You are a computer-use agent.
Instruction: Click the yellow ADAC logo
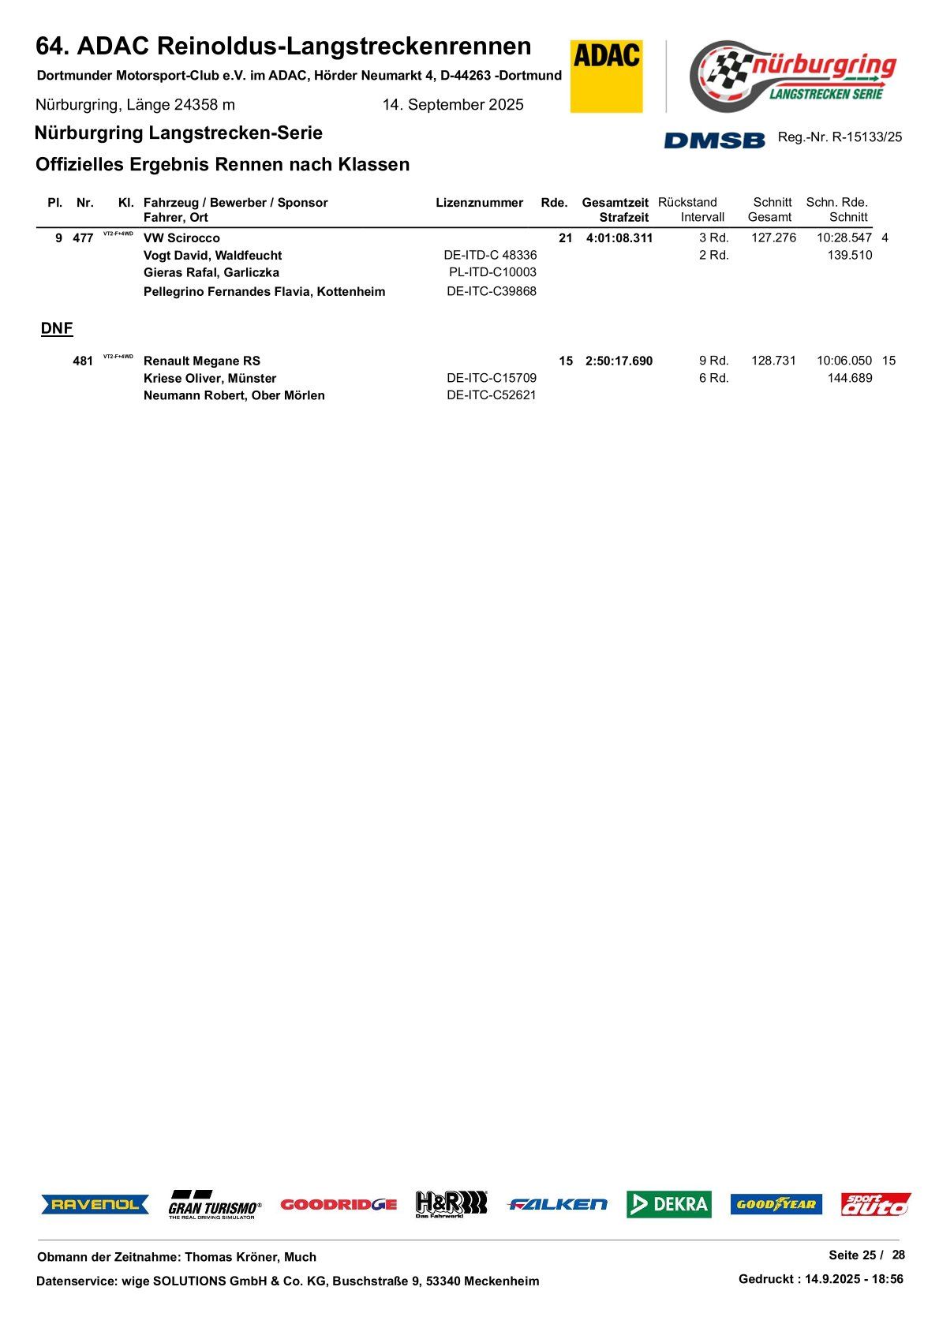pos(606,76)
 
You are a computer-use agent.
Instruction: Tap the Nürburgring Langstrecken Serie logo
pos(793,77)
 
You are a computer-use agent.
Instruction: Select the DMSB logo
pos(714,140)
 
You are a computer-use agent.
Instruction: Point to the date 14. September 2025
pos(453,105)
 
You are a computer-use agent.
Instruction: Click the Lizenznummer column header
pos(479,203)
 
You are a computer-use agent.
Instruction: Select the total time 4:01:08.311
pos(619,238)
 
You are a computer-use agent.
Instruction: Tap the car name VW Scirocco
pos(181,238)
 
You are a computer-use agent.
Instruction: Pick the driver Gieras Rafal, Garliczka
pos(211,273)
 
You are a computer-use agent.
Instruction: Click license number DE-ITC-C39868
pos(492,291)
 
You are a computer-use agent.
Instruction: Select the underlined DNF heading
pos(57,328)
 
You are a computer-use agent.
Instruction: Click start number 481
pos(83,361)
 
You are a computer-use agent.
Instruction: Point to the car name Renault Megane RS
pos(202,361)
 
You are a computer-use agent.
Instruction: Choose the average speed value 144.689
pos(850,379)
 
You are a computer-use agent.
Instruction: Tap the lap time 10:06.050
pos(844,361)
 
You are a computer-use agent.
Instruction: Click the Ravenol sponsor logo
pos(95,1204)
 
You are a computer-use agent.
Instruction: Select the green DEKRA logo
pos(669,1204)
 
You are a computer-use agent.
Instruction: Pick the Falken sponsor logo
pos(558,1204)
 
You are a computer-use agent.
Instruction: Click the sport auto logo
pos(875,1204)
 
